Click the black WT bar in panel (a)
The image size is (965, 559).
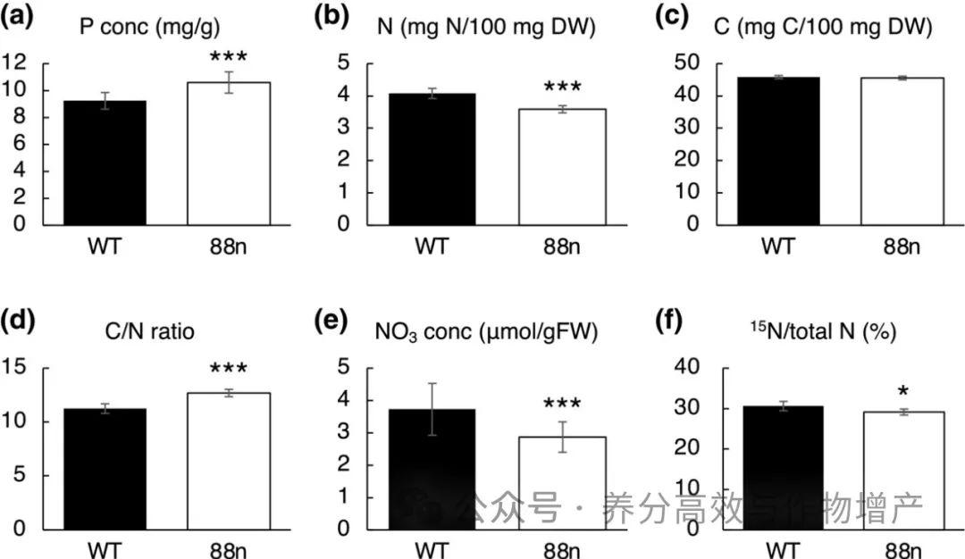(x=104, y=163)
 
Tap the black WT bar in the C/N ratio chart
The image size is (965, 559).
(x=104, y=470)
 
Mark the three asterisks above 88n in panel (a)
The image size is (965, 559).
(x=228, y=59)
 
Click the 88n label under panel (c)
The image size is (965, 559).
(x=902, y=245)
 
